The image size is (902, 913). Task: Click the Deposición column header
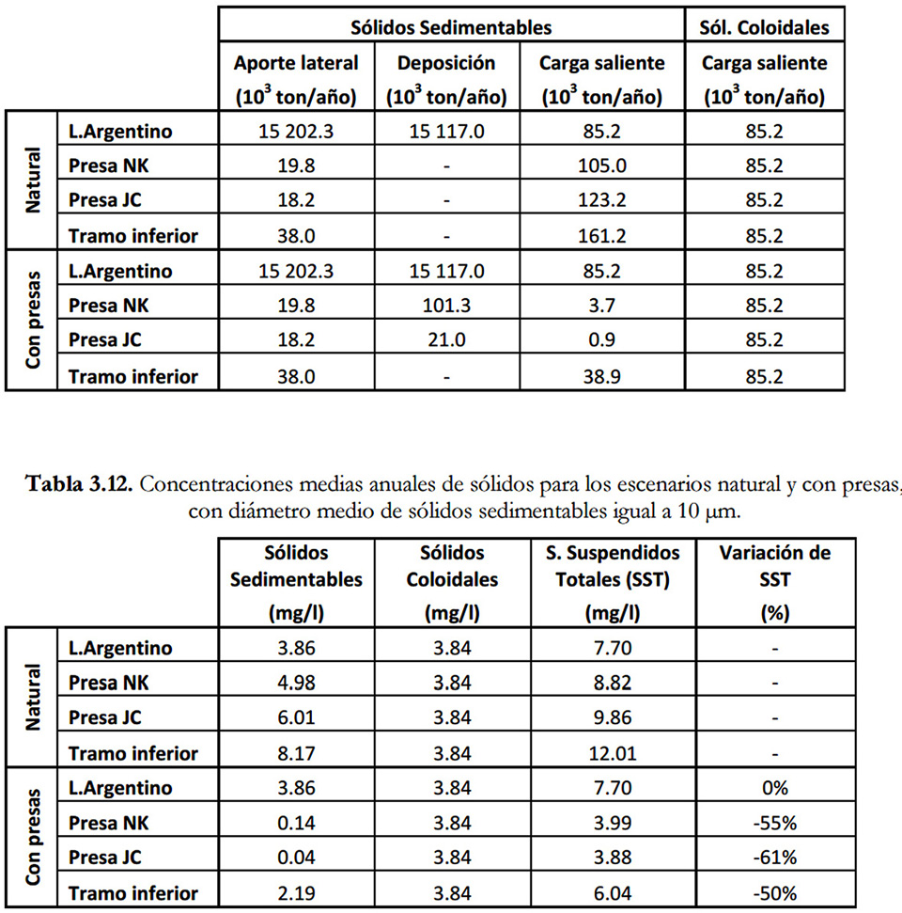tap(446, 79)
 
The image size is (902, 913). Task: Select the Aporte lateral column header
tap(296, 79)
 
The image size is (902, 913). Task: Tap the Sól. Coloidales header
tap(764, 27)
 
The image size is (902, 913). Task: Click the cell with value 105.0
tap(602, 165)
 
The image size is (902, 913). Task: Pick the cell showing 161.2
tap(602, 235)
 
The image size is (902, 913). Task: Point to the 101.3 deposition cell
tap(446, 306)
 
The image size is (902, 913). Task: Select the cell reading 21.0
tap(446, 340)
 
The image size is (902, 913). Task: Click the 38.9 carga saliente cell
tap(602, 376)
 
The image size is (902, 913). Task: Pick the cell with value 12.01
tap(612, 753)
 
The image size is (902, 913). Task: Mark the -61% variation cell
tap(775, 858)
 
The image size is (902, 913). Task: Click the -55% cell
tap(775, 823)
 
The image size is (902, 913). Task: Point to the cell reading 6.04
tap(612, 892)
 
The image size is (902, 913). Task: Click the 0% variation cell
tap(775, 788)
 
